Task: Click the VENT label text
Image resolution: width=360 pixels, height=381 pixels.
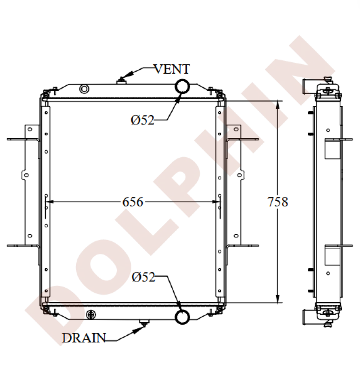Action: click(171, 69)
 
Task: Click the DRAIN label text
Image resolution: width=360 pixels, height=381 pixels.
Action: click(84, 338)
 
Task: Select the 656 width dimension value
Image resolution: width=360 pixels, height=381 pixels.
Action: click(133, 202)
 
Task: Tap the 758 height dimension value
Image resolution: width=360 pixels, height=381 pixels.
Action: click(277, 202)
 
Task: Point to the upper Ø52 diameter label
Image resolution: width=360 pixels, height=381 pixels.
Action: click(142, 120)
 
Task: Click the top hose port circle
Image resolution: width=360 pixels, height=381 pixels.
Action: click(182, 86)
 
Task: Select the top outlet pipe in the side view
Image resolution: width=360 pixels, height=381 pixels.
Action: click(308, 86)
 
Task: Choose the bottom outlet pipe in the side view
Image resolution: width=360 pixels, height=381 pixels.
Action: click(308, 317)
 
